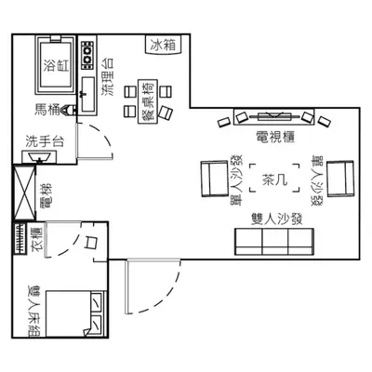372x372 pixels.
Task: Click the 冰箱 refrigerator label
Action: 163,46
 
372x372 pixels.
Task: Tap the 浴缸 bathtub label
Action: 56,65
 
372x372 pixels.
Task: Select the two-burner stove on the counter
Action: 87,54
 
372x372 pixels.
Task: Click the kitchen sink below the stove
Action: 88,95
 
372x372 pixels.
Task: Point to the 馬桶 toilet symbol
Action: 69,110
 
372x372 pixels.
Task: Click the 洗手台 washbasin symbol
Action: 39,156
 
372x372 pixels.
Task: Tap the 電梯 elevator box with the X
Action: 24,193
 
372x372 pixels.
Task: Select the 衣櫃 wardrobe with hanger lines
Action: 20,238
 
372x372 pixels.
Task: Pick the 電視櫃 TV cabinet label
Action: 275,137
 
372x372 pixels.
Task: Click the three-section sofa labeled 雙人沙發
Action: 274,242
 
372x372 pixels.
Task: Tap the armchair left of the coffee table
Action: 215,179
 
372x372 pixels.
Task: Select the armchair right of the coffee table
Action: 340,179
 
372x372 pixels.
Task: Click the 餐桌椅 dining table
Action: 148,101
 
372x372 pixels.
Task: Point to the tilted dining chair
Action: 166,113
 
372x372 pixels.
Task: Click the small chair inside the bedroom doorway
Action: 91,242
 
